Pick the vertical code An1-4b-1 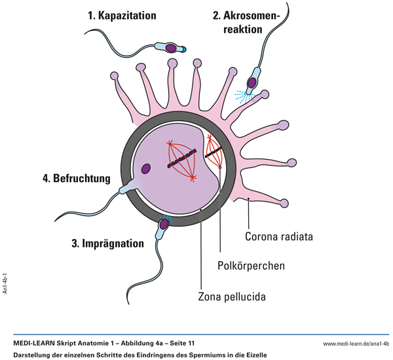tap(6, 279)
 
